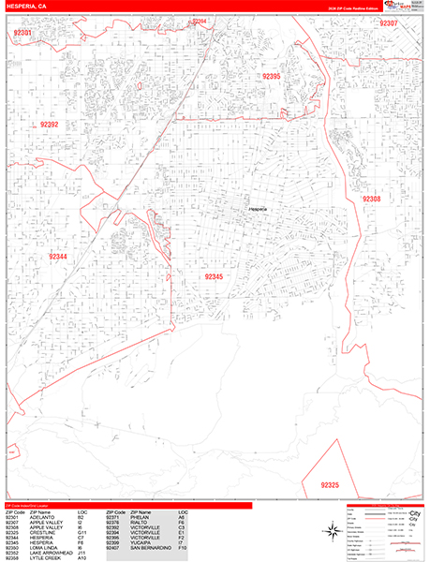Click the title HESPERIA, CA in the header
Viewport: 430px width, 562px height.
[x=27, y=7]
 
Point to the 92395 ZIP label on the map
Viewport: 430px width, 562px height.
[x=272, y=76]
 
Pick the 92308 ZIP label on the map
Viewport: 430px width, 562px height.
[x=372, y=200]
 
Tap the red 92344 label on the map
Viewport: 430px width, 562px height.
[x=58, y=257]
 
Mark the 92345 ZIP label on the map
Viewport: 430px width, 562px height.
[x=214, y=277]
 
